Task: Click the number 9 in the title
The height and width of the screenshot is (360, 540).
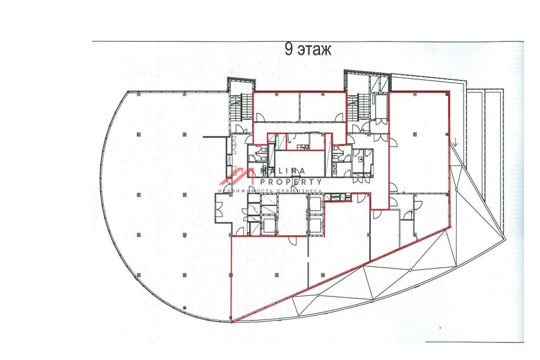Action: point(289,49)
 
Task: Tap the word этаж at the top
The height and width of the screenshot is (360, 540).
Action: point(314,50)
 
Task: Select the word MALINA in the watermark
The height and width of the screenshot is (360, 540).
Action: point(283,171)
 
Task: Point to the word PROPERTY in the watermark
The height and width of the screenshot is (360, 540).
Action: point(291,181)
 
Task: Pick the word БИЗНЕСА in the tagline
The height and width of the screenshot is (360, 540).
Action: point(307,191)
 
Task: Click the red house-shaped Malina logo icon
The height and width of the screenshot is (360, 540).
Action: point(238,176)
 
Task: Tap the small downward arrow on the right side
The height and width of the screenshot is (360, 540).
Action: point(456,142)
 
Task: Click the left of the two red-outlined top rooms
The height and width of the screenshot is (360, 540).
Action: point(277,107)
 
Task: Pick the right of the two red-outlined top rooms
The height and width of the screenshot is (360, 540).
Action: point(322,107)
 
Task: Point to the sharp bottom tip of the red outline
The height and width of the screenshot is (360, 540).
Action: point(232,322)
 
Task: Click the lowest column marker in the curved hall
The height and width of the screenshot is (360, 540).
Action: point(185,308)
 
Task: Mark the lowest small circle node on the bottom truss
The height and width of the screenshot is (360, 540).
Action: point(319,295)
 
